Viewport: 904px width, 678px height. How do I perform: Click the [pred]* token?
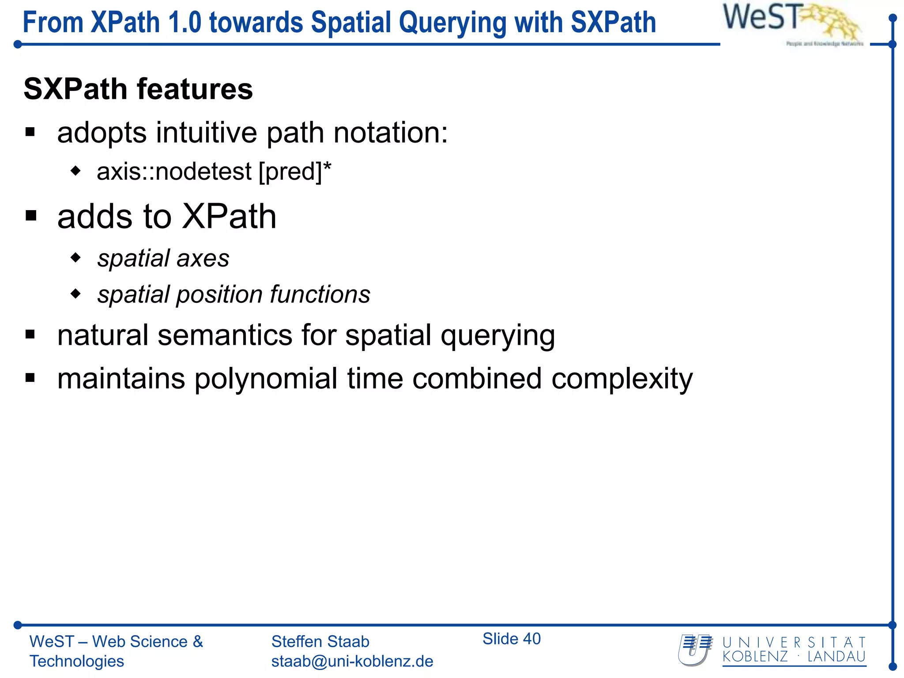295,172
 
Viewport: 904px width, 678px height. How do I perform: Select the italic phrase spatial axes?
163,258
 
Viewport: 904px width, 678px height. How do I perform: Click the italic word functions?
320,294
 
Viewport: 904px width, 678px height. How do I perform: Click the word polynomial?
266,379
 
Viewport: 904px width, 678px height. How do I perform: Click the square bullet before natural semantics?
30,334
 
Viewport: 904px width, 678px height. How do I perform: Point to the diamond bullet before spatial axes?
76,257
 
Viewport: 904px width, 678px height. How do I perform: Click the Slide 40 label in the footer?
511,639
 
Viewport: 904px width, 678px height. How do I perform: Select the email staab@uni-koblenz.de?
352,661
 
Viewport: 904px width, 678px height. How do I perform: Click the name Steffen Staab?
320,641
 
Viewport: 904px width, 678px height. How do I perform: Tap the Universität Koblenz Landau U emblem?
695,650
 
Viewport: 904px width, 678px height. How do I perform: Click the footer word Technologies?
77,661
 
